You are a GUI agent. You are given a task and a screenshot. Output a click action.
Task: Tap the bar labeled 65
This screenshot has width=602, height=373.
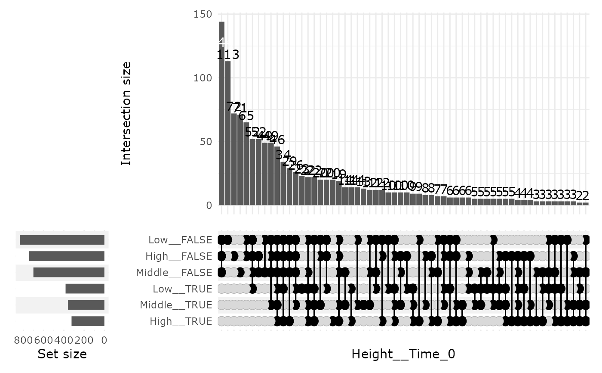246,164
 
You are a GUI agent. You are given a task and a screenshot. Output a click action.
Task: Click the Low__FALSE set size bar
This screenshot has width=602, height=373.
62,240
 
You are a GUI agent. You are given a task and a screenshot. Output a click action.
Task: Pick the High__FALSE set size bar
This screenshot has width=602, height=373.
67,256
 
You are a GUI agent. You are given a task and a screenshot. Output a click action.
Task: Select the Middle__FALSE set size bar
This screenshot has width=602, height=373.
69,273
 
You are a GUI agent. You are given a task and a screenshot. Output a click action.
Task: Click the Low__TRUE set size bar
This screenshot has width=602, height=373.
85,289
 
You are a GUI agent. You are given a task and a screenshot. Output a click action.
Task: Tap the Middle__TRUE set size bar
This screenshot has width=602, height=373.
86,305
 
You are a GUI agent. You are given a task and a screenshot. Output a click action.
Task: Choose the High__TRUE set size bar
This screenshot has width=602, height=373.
88,321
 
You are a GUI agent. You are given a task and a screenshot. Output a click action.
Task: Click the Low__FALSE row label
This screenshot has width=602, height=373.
180,240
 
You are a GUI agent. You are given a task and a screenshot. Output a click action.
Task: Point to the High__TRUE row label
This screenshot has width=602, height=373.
181,321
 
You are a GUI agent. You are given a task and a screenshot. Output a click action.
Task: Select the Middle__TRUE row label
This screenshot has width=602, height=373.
176,305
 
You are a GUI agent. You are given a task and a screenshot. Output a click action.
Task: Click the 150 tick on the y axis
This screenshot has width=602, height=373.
203,14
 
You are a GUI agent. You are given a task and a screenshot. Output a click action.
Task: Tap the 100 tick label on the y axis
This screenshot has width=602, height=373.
203,78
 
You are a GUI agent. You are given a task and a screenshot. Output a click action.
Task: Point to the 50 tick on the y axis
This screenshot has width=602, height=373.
206,142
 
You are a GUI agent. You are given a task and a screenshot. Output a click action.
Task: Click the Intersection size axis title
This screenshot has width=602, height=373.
126,114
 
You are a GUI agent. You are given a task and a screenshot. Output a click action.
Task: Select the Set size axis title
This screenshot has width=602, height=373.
62,354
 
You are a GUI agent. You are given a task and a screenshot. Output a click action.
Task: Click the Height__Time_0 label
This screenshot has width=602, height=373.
403,354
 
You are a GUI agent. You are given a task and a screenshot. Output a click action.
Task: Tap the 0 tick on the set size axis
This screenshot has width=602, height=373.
104,340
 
